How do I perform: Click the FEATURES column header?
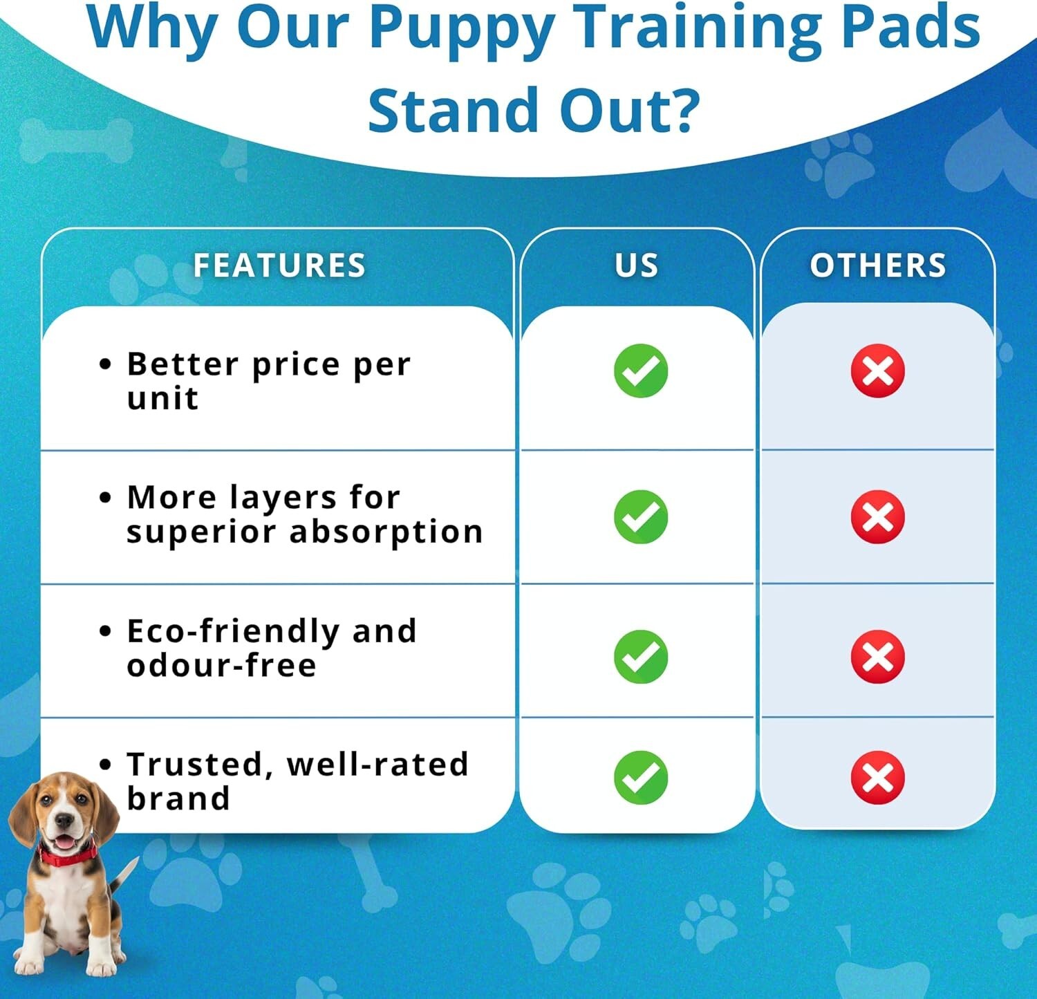pyautogui.click(x=279, y=265)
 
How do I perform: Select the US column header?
pyautogui.click(x=637, y=265)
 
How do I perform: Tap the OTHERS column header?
pyautogui.click(x=878, y=265)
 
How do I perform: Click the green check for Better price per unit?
pyautogui.click(x=641, y=371)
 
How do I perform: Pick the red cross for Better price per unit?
pyautogui.click(x=878, y=371)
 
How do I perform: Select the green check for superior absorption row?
pyautogui.click(x=641, y=517)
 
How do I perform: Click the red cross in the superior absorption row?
pyautogui.click(x=878, y=517)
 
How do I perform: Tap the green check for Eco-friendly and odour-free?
pyautogui.click(x=641, y=657)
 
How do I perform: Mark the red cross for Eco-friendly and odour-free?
pyautogui.click(x=878, y=657)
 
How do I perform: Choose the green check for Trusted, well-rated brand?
pyautogui.click(x=641, y=778)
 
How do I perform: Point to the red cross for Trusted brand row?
pyautogui.click(x=878, y=778)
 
